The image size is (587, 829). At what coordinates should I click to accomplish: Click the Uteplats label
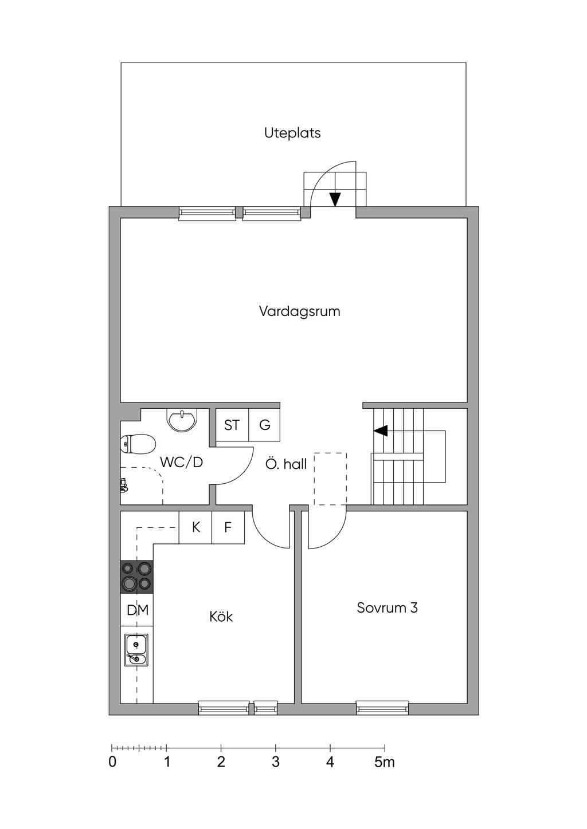292,133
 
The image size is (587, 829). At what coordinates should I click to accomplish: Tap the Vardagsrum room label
299,311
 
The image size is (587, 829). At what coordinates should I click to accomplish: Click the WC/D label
181,462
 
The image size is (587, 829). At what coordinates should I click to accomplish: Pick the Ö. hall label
285,464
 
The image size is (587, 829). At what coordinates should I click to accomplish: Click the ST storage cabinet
232,425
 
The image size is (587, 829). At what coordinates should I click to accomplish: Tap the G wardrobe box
264,425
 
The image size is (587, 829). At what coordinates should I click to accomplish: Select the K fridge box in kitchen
195,527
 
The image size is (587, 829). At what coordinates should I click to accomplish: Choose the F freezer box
228,527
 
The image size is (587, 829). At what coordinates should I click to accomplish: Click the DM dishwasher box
137,610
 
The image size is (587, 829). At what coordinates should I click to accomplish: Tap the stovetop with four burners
137,577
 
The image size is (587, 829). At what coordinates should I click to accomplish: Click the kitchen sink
136,650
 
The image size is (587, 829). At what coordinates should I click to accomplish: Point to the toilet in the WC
138,444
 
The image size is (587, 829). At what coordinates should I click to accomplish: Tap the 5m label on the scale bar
385,763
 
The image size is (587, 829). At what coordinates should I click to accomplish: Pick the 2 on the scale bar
221,763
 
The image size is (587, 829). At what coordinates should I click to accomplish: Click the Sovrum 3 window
382,708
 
